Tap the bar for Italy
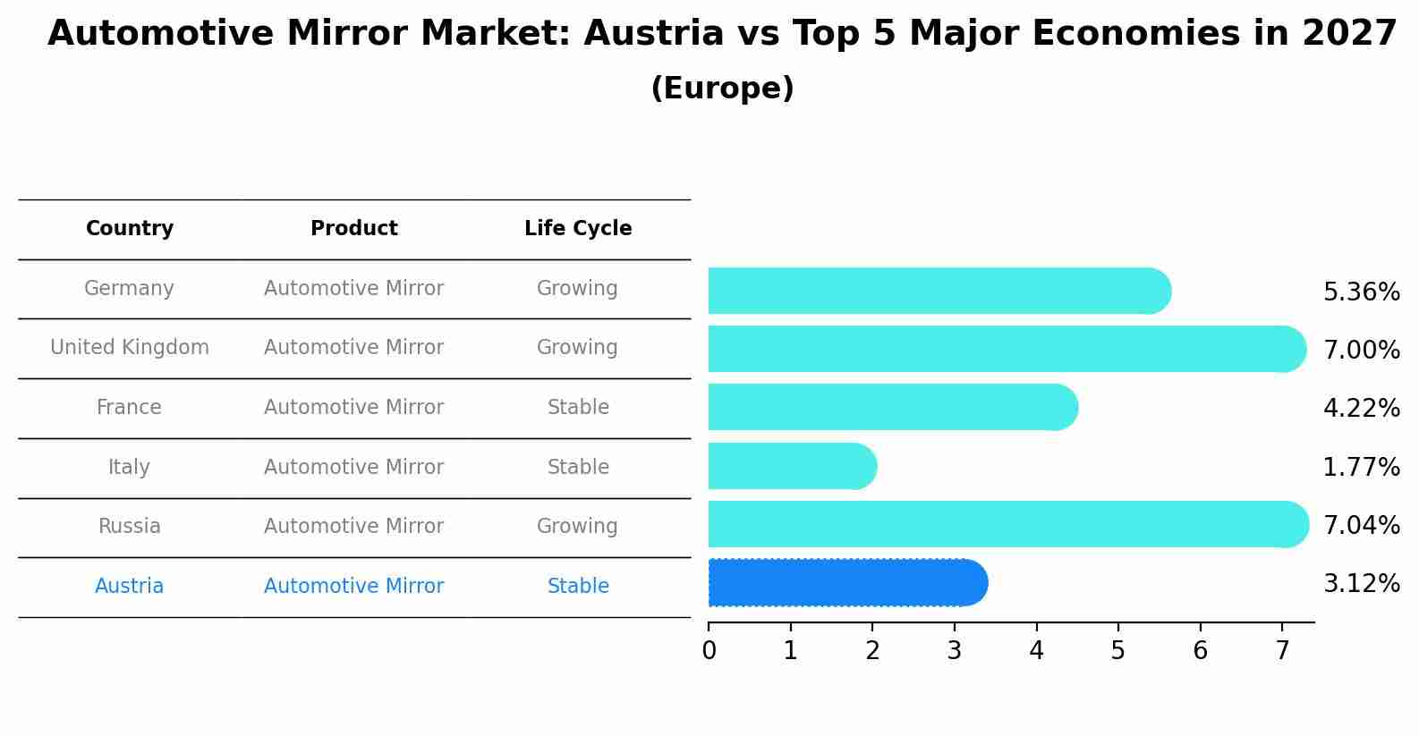[x=792, y=466]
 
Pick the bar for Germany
[x=939, y=291]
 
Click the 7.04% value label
[x=1361, y=525]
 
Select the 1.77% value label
[x=1361, y=467]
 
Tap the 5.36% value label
[x=1361, y=292]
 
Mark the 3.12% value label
[x=1361, y=584]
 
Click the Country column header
[x=130, y=229]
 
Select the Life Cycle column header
[x=578, y=229]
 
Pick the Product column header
[x=354, y=229]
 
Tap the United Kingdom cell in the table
[x=130, y=348]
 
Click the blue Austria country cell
[x=130, y=587]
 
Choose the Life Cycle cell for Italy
[x=578, y=467]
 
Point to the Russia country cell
[x=130, y=527]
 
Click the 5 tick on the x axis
[x=1117, y=651]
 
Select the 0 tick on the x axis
[x=709, y=651]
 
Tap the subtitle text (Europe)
[x=722, y=89]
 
